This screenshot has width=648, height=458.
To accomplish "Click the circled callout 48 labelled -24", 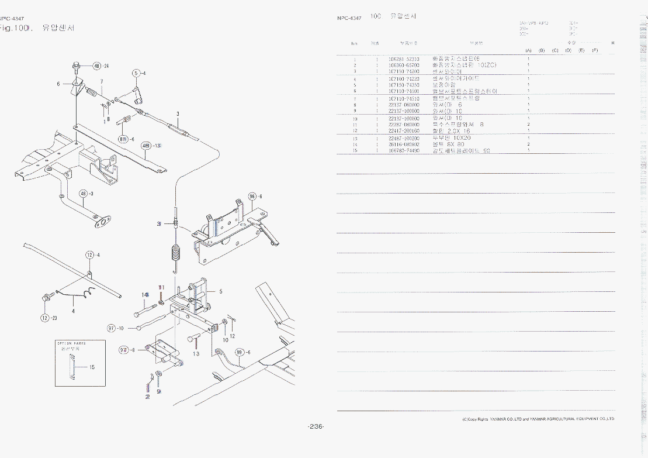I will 97,66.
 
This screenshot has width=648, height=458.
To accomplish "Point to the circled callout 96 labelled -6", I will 252,197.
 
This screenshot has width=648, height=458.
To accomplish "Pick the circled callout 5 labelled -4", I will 136,73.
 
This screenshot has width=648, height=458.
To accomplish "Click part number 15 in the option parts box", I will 92,367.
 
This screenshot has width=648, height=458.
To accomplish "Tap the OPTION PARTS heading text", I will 71,343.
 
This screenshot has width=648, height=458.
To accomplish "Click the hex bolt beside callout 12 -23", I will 46,298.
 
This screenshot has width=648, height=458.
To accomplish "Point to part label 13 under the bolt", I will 196,353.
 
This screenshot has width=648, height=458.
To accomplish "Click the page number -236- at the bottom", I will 316,426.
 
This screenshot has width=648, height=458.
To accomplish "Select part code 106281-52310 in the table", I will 404,59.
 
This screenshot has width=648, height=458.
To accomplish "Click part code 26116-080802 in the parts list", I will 404,144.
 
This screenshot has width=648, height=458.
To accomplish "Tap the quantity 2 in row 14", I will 528,144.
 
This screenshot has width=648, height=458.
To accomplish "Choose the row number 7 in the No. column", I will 354,98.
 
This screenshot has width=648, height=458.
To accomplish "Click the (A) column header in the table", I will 528,50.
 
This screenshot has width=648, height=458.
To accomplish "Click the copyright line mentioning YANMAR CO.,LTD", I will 538,419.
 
